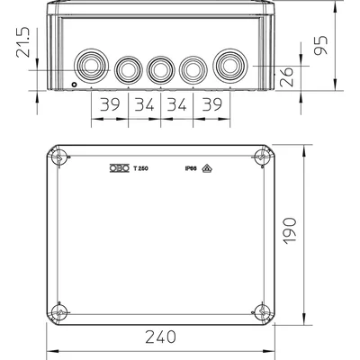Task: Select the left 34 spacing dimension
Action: pos(142,105)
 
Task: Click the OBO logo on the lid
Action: pos(119,167)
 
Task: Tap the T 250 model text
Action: pos(141,167)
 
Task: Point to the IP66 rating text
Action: pos(191,167)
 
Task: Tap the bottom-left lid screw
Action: pos(59,311)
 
